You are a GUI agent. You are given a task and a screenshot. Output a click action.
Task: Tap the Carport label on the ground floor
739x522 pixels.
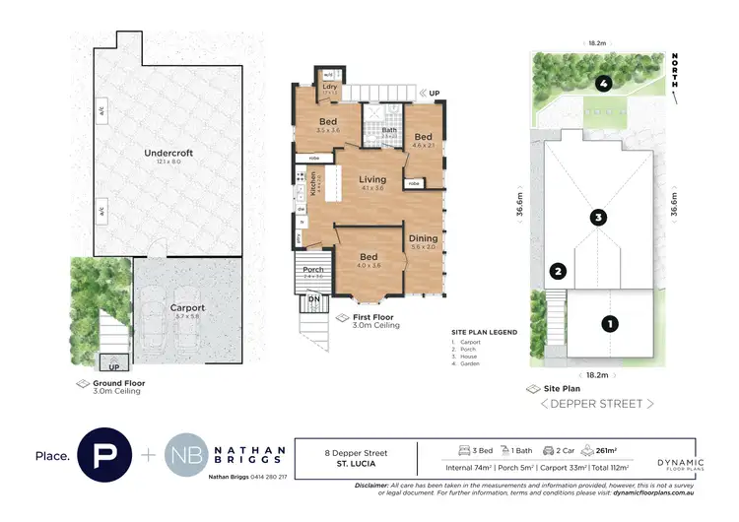(x=186, y=306)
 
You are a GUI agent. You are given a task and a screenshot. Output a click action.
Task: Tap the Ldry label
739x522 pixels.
(x=330, y=87)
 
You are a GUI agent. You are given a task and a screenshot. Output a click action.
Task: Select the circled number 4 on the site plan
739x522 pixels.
(x=599, y=83)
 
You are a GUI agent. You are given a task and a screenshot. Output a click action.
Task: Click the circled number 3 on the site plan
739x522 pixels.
(x=597, y=217)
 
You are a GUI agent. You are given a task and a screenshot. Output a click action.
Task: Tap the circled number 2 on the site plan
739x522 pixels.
(x=558, y=272)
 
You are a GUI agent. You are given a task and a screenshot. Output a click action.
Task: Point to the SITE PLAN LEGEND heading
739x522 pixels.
(x=484, y=333)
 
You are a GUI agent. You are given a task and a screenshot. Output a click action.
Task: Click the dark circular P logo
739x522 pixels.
(x=104, y=455)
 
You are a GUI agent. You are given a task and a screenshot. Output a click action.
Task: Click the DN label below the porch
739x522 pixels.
(x=314, y=297)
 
